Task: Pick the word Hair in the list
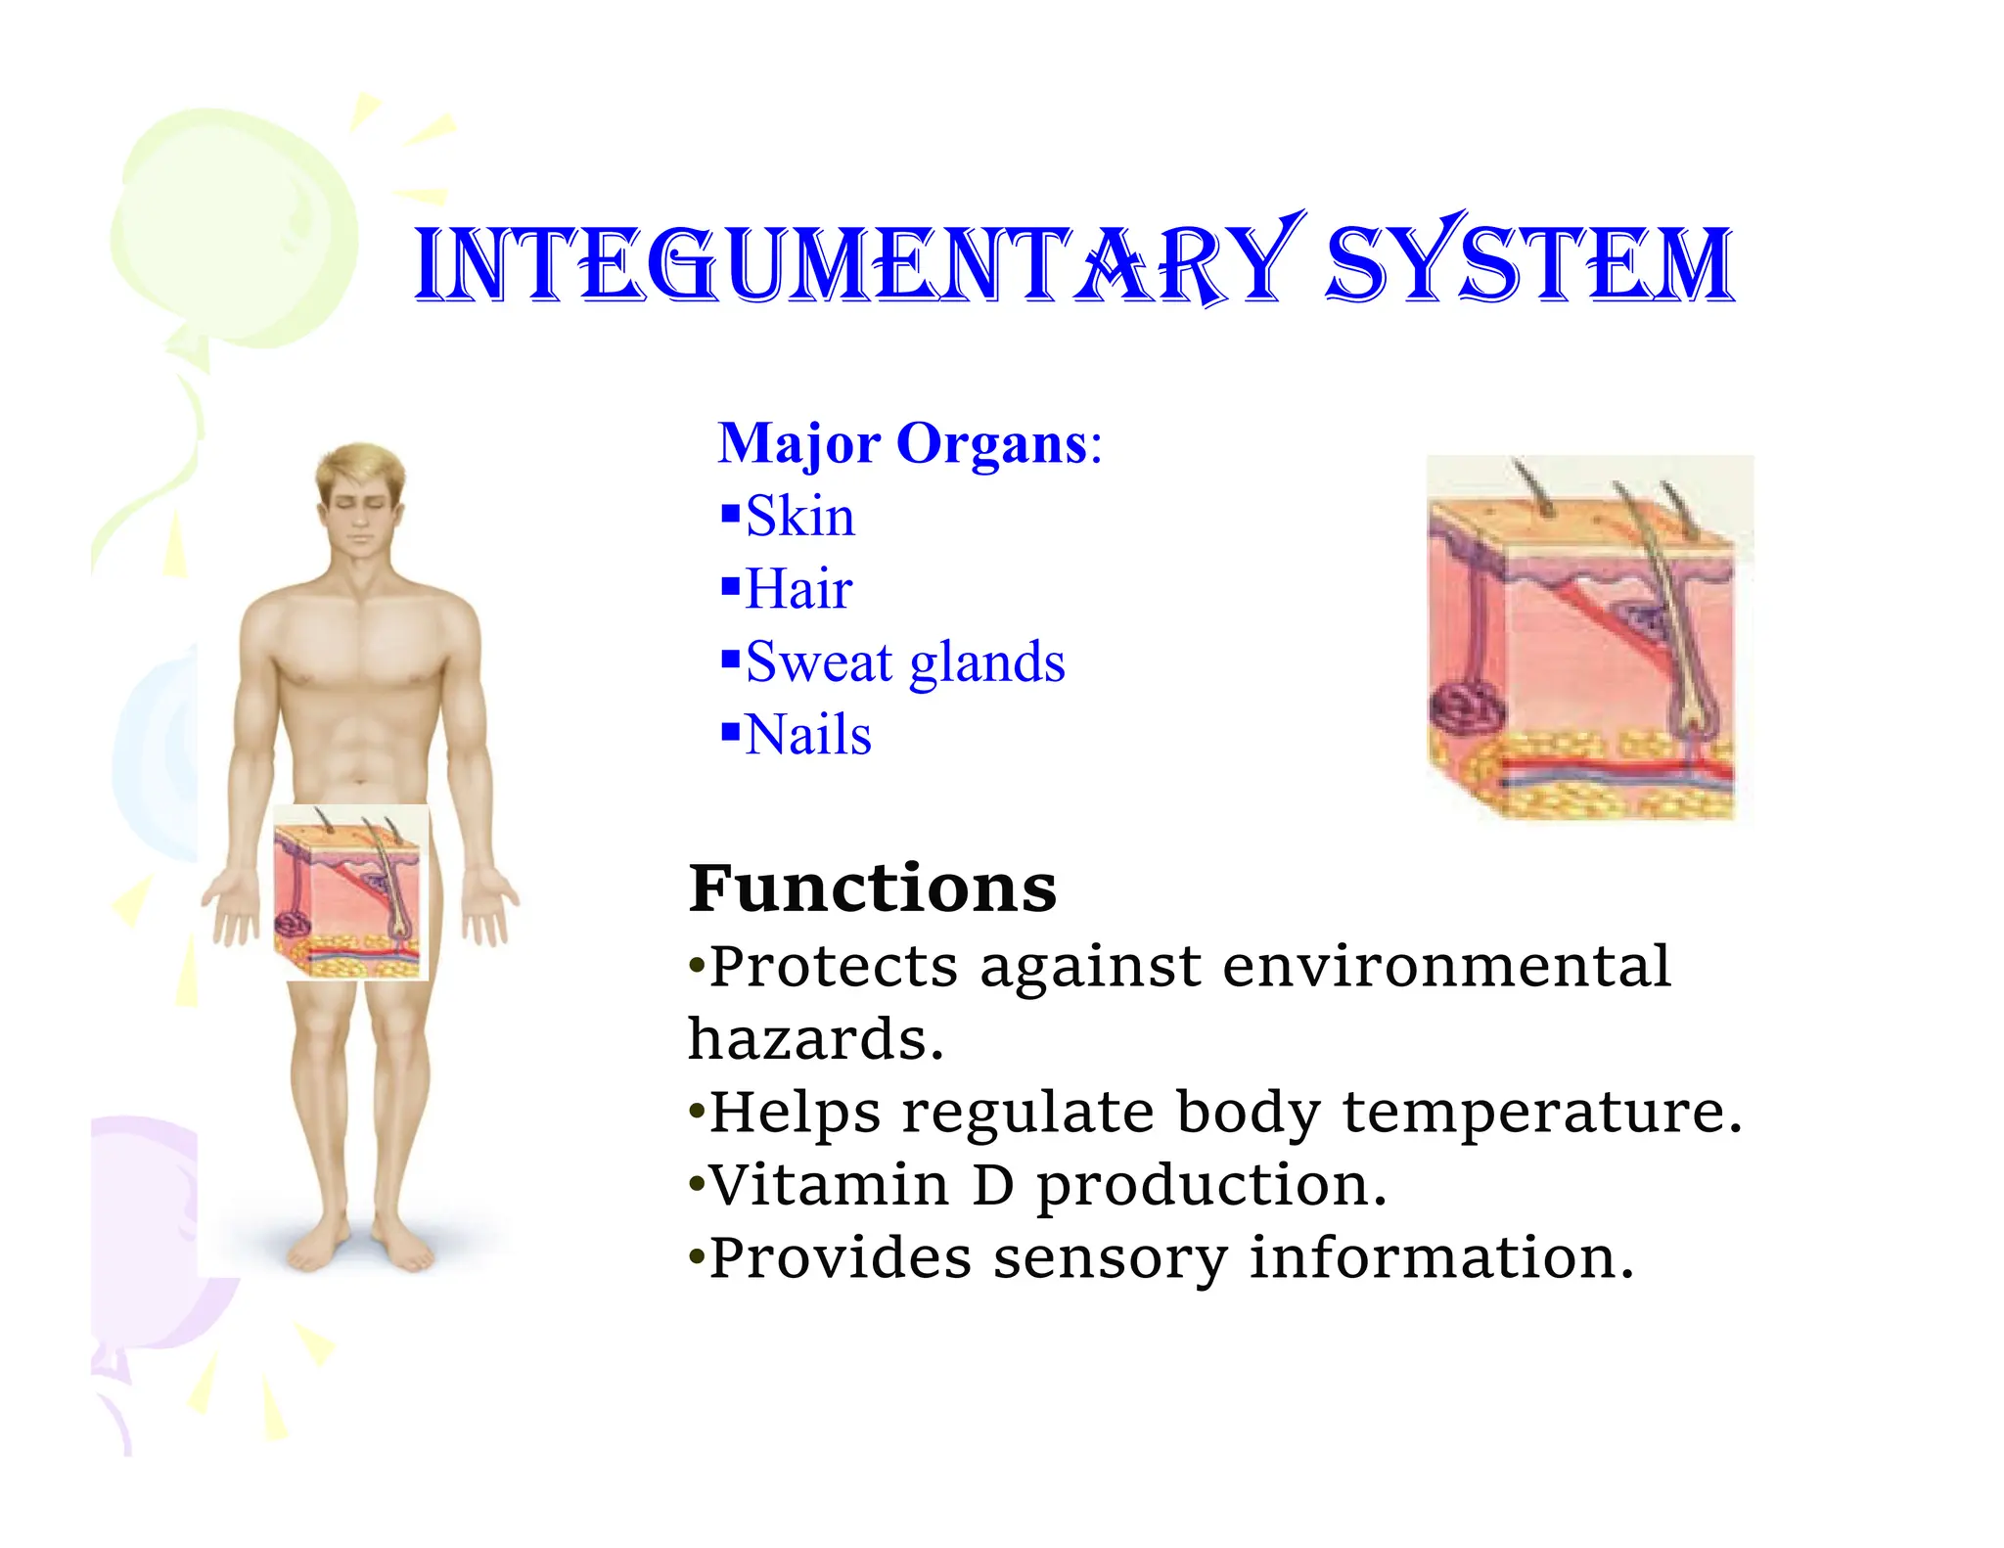point(798,589)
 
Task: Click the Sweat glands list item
point(905,662)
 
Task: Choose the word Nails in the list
point(808,735)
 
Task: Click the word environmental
point(1446,967)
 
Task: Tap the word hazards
point(815,1039)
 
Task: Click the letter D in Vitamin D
point(993,1185)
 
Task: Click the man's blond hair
point(359,468)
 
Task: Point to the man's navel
point(360,780)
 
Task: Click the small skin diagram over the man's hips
point(350,891)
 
